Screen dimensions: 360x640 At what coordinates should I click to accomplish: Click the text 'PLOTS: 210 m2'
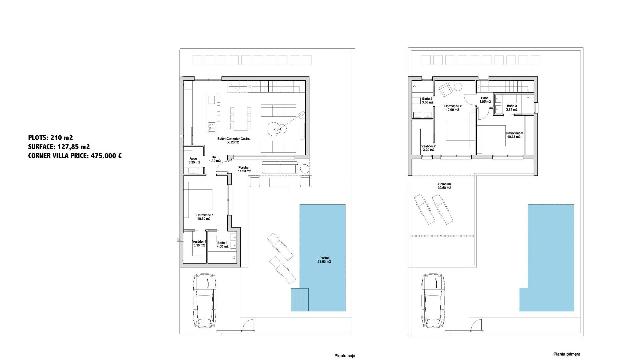point(50,137)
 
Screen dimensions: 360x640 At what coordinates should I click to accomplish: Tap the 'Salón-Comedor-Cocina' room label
point(234,140)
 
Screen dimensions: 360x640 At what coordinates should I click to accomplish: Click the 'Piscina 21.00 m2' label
point(324,260)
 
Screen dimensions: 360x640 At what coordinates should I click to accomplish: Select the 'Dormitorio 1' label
point(204,217)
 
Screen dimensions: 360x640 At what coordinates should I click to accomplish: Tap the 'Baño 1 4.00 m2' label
point(222,245)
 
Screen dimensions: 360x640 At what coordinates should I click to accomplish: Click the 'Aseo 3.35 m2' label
point(194,161)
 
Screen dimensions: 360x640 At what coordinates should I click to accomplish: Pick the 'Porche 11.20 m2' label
point(244,169)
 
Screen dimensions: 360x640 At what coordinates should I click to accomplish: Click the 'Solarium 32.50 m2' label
point(444,186)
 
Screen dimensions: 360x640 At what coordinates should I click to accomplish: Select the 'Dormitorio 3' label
point(515,135)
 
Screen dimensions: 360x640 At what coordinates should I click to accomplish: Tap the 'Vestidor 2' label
point(428,148)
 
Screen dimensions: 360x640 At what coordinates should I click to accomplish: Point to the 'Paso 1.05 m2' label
point(485,100)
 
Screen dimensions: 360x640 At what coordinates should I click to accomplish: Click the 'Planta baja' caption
point(345,356)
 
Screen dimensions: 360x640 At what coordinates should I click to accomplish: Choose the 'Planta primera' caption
point(567,354)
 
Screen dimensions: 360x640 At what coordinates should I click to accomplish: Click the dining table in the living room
point(240,118)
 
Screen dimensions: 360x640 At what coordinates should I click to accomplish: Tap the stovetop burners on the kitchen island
point(212,126)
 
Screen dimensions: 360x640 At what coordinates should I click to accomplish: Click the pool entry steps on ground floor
point(299,300)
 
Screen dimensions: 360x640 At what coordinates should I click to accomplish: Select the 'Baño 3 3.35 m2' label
point(512,108)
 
